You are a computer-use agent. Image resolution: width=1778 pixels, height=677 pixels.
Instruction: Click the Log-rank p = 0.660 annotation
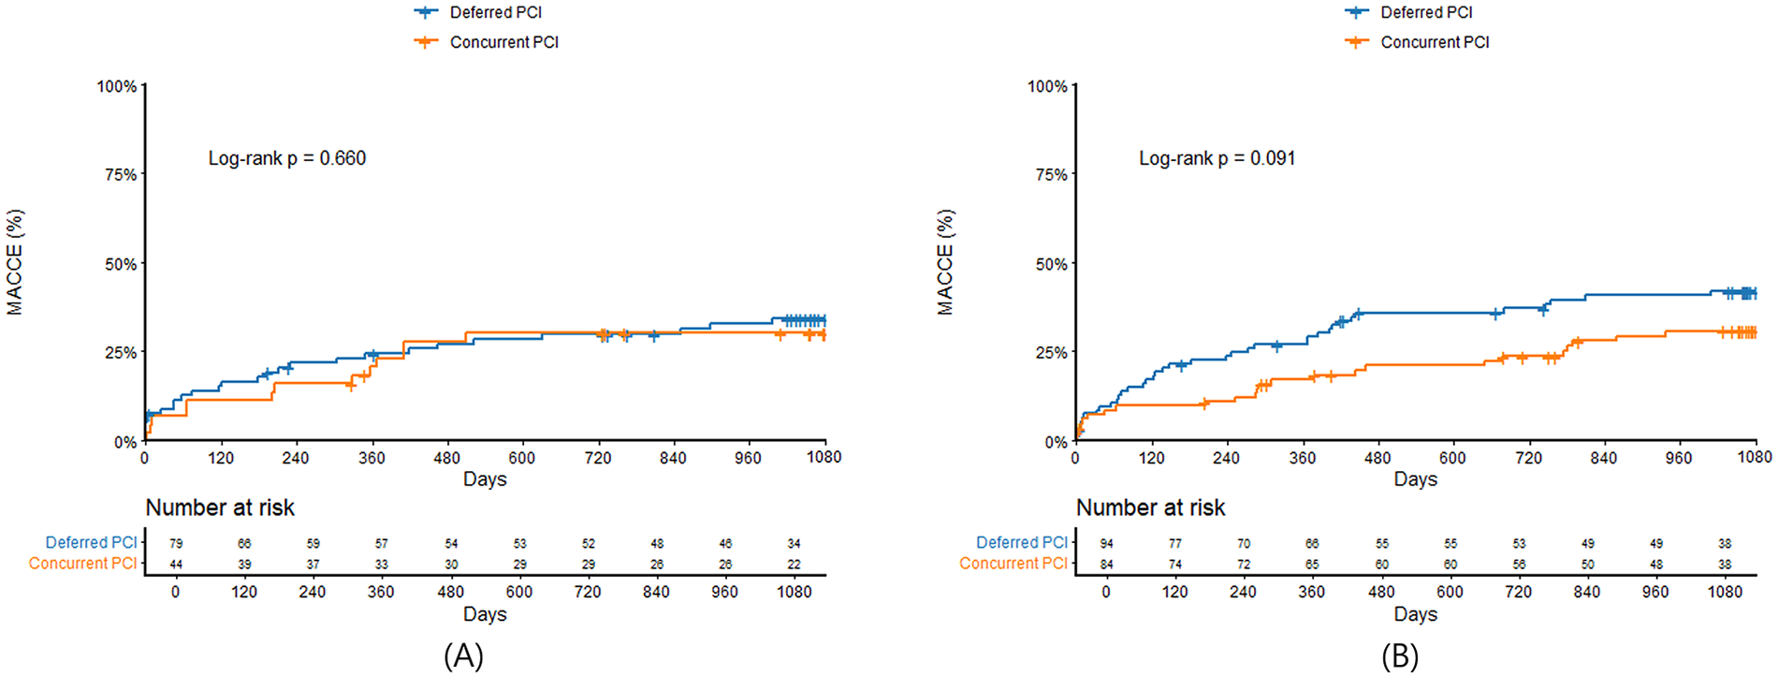click(x=286, y=158)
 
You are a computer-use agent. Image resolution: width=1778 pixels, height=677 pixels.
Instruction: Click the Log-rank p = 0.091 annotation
click(x=1217, y=158)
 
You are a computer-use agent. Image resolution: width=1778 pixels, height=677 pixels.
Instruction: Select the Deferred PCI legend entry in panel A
click(x=495, y=12)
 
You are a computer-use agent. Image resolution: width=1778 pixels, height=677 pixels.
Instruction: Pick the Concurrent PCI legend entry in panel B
click(x=1434, y=42)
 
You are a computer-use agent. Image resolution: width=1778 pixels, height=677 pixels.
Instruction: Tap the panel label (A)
click(x=463, y=655)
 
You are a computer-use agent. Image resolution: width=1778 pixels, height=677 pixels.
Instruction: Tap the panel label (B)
click(x=1399, y=655)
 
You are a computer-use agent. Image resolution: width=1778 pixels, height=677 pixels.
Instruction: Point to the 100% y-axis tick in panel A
click(x=117, y=86)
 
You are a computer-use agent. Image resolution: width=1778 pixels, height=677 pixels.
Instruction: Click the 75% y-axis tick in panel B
click(x=1048, y=175)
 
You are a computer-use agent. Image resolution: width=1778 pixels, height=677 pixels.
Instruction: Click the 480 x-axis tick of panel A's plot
click(x=447, y=458)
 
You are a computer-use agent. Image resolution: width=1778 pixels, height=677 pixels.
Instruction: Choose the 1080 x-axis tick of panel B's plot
click(x=1754, y=457)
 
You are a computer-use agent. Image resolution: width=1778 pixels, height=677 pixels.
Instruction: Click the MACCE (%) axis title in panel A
click(x=15, y=262)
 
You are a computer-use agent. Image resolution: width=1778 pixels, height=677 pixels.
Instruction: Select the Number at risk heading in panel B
click(x=1150, y=508)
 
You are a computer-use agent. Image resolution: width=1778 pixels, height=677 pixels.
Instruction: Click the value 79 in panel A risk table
click(x=176, y=543)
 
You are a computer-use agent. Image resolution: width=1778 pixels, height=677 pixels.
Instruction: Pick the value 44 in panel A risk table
click(x=176, y=565)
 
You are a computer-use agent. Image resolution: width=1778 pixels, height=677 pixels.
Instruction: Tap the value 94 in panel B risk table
click(x=1106, y=543)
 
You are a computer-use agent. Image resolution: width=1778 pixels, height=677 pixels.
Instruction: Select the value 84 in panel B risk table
click(x=1106, y=565)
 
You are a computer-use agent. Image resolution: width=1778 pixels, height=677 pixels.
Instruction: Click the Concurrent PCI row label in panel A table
click(x=82, y=564)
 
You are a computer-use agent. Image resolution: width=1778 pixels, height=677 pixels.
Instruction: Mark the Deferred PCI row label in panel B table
click(x=1021, y=542)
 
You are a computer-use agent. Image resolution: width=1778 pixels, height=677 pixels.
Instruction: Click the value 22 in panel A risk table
click(x=794, y=565)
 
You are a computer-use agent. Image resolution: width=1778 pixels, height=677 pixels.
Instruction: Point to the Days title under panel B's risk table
click(x=1415, y=614)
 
